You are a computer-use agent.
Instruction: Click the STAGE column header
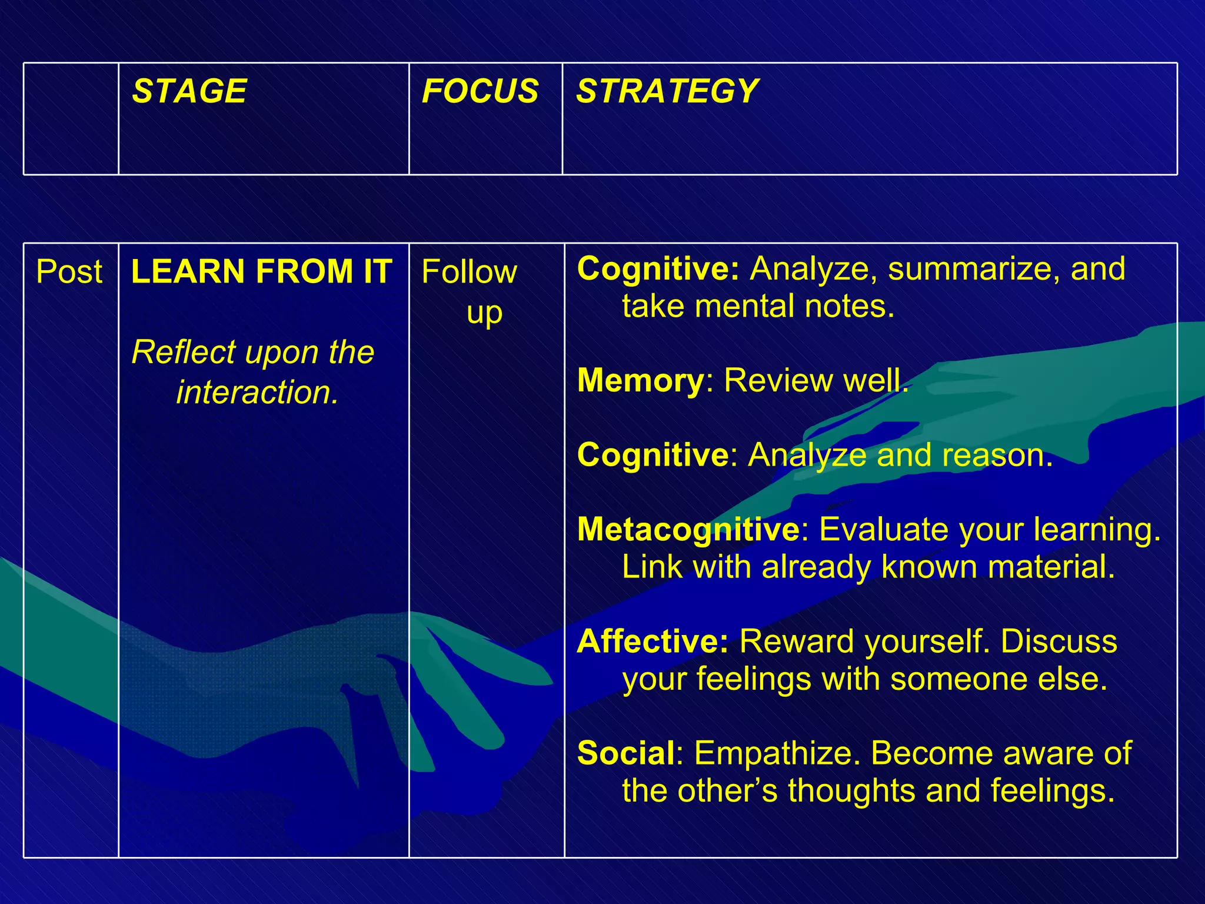pos(189,91)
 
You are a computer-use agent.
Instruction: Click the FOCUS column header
pos(480,91)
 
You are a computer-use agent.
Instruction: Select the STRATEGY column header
pos(667,91)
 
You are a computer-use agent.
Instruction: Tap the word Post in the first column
pos(69,272)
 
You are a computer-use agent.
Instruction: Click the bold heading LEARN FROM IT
pos(262,271)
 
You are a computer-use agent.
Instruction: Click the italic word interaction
pos(257,393)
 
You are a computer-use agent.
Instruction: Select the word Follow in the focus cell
pos(469,272)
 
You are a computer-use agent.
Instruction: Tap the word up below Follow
pos(484,313)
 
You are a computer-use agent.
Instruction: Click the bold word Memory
pos(640,380)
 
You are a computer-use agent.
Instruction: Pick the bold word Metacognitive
pos(688,529)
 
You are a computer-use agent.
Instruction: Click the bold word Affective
pos(653,641)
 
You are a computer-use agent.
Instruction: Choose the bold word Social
pos(626,753)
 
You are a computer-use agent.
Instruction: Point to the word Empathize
pos(777,753)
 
